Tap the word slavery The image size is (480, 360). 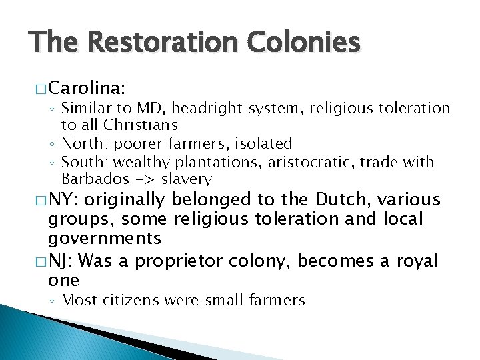186,179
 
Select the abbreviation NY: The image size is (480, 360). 65,199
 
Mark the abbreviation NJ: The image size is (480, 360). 65,260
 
